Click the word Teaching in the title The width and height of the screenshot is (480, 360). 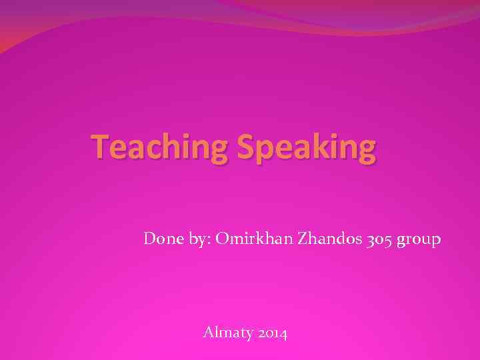point(160,147)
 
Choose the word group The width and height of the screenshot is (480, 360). point(419,239)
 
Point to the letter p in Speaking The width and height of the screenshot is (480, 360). point(264,150)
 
